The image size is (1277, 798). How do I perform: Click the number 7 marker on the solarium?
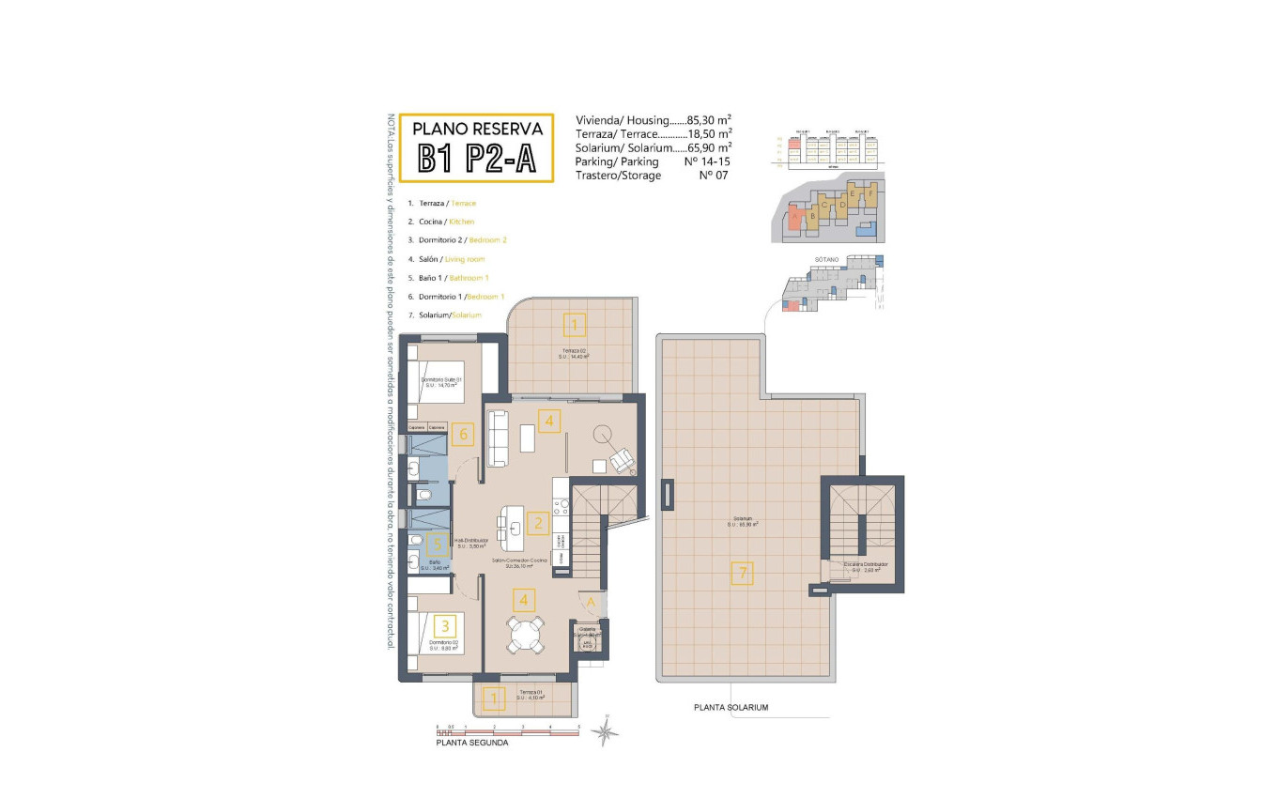pyautogui.click(x=742, y=573)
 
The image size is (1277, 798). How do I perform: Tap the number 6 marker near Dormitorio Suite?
pyautogui.click(x=460, y=435)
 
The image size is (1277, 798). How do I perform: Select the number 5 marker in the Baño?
pyautogui.click(x=434, y=544)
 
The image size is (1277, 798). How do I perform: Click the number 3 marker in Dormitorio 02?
pyautogui.click(x=446, y=625)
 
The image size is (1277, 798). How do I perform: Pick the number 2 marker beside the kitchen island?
pyautogui.click(x=537, y=523)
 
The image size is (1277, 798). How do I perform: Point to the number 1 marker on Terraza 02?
pyautogui.click(x=575, y=326)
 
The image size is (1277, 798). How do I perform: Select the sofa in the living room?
pyautogui.click(x=499, y=438)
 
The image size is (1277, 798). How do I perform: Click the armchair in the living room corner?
pyautogui.click(x=622, y=460)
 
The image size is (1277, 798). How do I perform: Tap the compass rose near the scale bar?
pyautogui.click(x=608, y=729)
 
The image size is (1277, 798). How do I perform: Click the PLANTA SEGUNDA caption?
pyautogui.click(x=472, y=743)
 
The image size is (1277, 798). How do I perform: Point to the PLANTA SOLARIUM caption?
pyautogui.click(x=731, y=707)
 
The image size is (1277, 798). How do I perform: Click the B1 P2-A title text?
pyautogui.click(x=477, y=159)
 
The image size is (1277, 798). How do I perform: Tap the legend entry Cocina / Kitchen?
pyautogui.click(x=441, y=222)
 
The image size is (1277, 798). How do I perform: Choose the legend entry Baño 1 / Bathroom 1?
pyautogui.click(x=449, y=278)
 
